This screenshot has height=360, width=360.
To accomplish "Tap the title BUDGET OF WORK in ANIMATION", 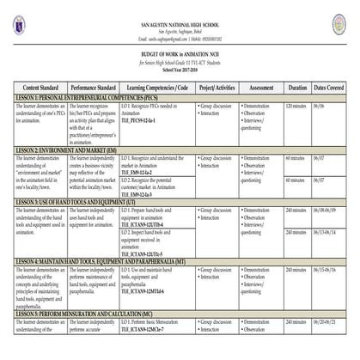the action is pyautogui.click(x=179, y=52).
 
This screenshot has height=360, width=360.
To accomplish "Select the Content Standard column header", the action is pyautogui.click(x=40, y=88).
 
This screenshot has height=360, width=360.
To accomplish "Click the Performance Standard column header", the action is pyautogui.click(x=94, y=88).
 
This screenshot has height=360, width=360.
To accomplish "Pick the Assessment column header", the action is pyautogui.click(x=260, y=88).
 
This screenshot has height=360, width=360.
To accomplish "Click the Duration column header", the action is pyautogui.click(x=297, y=88).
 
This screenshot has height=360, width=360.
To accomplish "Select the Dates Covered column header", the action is pyautogui.click(x=331, y=88).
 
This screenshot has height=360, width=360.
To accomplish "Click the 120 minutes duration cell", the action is pyautogui.click(x=296, y=106).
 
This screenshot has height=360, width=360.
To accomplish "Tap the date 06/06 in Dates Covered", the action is pyautogui.click(x=319, y=106).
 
